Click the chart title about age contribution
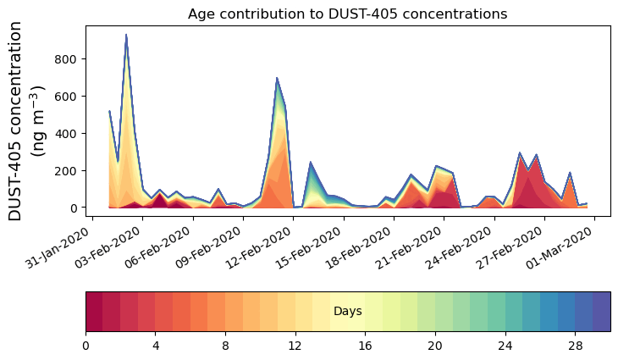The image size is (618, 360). click(347, 14)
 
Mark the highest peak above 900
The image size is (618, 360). click(126, 36)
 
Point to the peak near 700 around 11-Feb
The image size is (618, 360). click(277, 79)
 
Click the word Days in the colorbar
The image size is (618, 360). click(347, 312)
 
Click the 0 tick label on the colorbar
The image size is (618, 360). click(86, 346)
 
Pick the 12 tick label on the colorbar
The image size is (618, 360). click(295, 346)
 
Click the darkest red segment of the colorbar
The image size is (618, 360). click(94, 312)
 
